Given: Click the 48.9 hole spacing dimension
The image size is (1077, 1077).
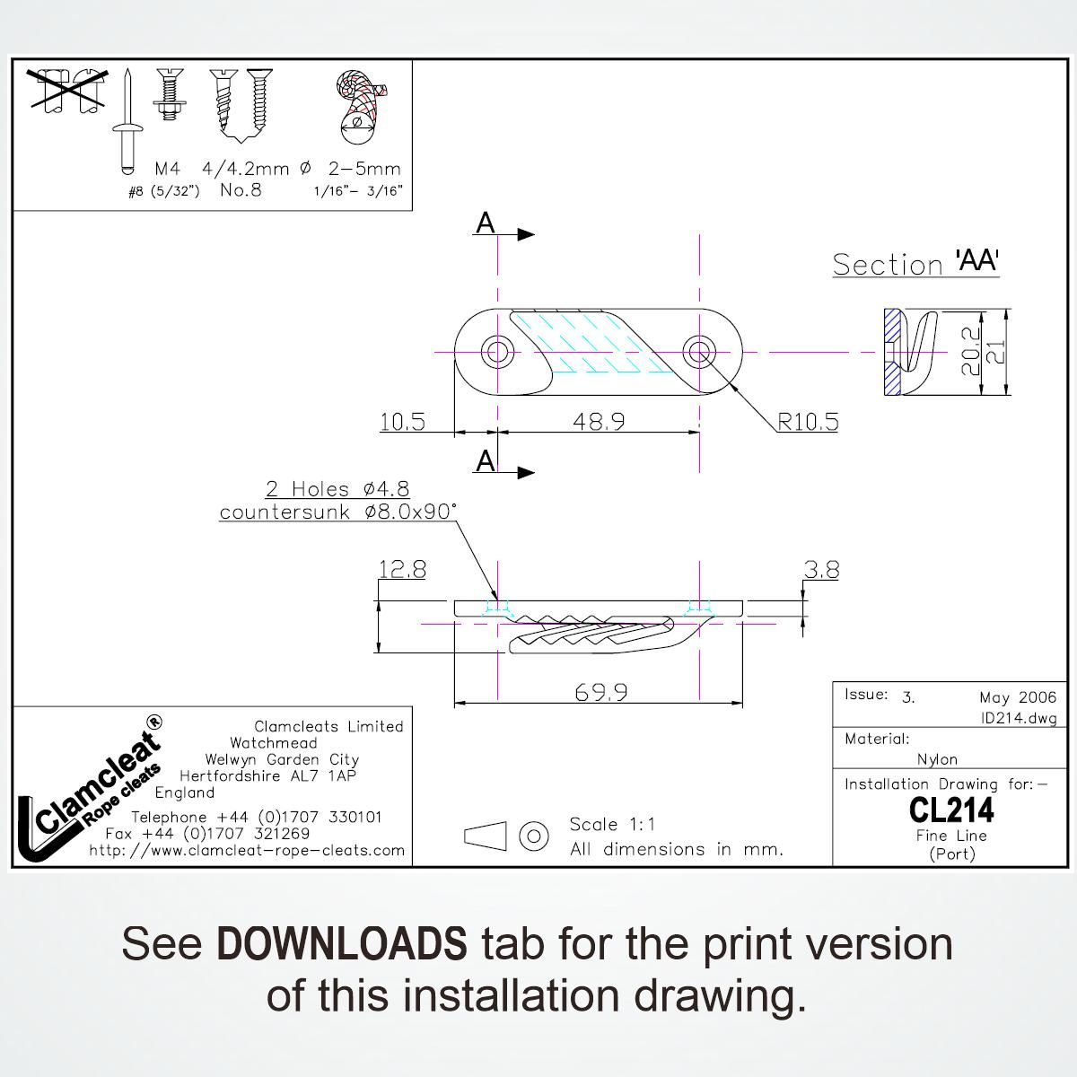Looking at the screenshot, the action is pyautogui.click(x=599, y=421).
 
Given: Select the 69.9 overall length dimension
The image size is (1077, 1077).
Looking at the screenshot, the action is pyautogui.click(x=600, y=693).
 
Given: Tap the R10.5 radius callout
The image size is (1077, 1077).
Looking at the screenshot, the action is pyautogui.click(x=808, y=422).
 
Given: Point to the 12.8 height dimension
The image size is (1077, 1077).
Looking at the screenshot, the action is pyautogui.click(x=402, y=570).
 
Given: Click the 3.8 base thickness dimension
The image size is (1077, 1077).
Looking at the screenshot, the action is pyautogui.click(x=821, y=570).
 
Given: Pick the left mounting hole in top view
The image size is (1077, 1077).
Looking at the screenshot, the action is pyautogui.click(x=497, y=352).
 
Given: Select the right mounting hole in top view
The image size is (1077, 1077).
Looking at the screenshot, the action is pyautogui.click(x=699, y=352).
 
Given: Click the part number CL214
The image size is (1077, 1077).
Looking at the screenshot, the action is pyautogui.click(x=951, y=810).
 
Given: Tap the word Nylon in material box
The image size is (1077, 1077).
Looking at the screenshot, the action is pyautogui.click(x=937, y=759).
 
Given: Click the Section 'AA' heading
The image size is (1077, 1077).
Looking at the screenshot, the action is pyautogui.click(x=915, y=263).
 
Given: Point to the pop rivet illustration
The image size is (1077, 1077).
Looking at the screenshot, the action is pyautogui.click(x=127, y=121).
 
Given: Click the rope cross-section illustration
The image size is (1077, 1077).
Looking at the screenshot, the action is pyautogui.click(x=359, y=107).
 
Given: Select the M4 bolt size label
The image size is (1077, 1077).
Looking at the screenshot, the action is pyautogui.click(x=168, y=168).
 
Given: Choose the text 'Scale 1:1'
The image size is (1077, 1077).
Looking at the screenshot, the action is pyautogui.click(x=612, y=824).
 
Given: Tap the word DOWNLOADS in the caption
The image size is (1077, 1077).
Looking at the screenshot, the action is pyautogui.click(x=341, y=943).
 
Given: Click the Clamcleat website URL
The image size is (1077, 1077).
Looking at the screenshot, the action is pyautogui.click(x=247, y=850).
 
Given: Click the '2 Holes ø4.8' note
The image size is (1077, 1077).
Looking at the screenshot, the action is pyautogui.click(x=337, y=489).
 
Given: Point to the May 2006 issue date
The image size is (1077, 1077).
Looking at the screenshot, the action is pyautogui.click(x=1018, y=697).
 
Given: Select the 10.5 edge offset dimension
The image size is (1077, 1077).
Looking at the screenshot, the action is pyautogui.click(x=402, y=422).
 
